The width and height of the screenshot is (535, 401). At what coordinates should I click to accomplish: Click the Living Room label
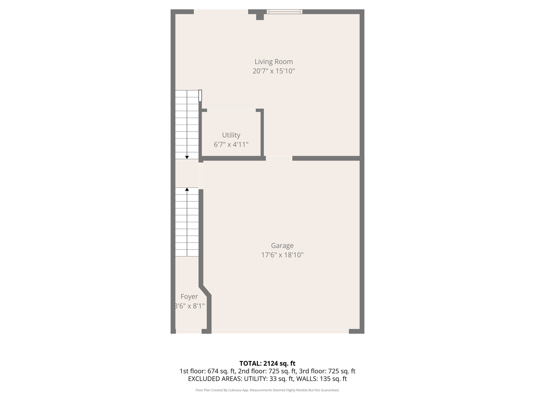[x=274, y=62]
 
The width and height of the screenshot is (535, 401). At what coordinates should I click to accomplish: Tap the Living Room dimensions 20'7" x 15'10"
[x=274, y=71]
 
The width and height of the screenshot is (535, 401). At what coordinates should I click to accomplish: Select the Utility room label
[x=231, y=135]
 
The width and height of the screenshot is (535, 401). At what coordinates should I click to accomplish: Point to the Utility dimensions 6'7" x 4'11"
[x=231, y=144]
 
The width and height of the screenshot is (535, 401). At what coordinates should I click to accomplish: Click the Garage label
[x=282, y=245]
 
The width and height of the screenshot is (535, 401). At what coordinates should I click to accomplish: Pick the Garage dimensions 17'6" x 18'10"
[x=282, y=255]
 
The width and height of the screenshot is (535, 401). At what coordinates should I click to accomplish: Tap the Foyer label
[x=189, y=297]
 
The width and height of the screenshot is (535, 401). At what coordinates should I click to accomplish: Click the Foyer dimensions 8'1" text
[x=190, y=306]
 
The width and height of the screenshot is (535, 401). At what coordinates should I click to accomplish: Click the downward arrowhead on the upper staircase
[x=187, y=157]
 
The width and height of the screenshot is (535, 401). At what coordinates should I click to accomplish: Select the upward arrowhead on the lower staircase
[x=187, y=189]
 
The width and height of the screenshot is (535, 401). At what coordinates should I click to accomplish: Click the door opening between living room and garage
[x=279, y=158]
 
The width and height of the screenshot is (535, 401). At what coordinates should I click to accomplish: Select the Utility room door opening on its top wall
[x=231, y=110]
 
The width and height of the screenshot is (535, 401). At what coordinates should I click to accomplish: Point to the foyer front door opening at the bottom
[x=189, y=331]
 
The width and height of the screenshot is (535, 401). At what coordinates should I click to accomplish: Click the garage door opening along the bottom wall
[x=280, y=331]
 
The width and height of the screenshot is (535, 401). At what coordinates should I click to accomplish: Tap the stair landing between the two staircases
[x=187, y=173]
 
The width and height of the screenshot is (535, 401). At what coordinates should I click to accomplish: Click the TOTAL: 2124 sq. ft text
[x=267, y=363]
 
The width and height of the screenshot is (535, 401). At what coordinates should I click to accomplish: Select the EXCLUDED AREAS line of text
[x=267, y=379]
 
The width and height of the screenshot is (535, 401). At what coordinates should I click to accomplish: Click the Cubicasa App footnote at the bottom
[x=267, y=390]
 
